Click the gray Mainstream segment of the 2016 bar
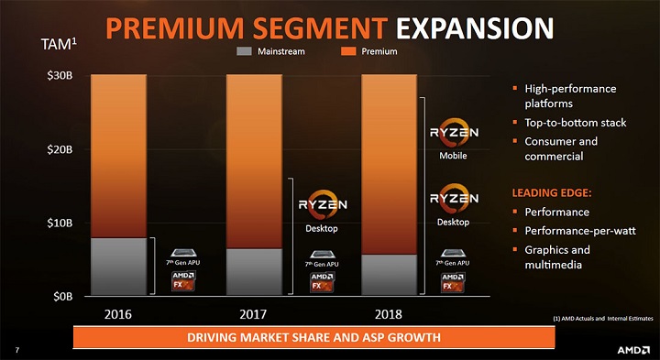point(119,266)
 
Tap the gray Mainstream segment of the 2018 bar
point(388,274)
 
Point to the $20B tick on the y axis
point(61,148)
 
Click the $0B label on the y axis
point(63,295)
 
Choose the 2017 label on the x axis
point(253,314)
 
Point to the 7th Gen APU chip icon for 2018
point(452,254)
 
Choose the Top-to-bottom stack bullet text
point(575,123)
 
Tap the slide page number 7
point(17,348)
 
